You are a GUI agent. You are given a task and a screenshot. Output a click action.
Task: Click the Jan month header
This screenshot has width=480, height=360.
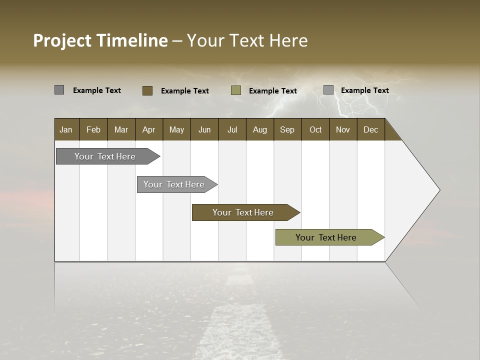[66, 129]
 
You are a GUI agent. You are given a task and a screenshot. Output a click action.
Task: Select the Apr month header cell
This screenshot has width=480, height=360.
[149, 129]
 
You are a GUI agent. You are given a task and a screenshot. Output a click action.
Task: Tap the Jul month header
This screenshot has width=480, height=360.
[232, 129]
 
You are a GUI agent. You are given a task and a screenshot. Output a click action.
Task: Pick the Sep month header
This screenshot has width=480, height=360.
[287, 129]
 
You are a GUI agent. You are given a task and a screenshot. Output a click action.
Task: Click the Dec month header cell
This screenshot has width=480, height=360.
[370, 129]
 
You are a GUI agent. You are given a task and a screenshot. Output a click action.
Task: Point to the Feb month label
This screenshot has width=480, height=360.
[93, 129]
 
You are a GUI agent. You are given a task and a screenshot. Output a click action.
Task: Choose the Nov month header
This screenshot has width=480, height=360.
[342, 129]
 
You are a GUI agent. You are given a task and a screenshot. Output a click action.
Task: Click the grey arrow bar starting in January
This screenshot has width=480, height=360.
[105, 156]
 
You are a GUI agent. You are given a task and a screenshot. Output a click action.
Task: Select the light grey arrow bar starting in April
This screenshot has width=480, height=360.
[174, 184]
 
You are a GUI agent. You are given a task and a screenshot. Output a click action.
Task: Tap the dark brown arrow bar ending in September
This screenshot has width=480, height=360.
[243, 212]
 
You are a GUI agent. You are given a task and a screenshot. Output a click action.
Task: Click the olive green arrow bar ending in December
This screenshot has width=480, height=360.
[326, 237]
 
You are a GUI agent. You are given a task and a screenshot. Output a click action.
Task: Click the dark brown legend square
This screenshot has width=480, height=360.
[147, 90]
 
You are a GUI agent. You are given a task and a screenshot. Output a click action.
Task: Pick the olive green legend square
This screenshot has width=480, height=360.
[236, 90]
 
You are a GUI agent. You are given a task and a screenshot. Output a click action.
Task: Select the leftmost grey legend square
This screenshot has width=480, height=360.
[59, 90]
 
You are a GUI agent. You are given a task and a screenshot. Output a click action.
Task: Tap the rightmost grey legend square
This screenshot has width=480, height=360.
[328, 90]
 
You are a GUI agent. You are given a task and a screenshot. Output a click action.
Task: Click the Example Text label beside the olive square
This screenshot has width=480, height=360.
[272, 91]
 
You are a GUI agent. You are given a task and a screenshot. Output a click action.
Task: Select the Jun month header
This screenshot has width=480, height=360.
[204, 129]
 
